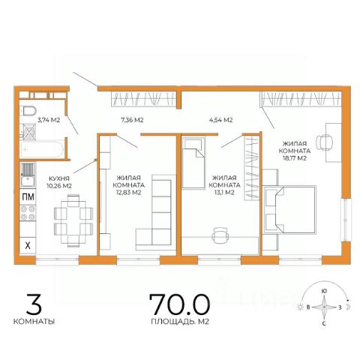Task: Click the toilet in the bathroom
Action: click(x=30, y=111)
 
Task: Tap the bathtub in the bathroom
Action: click(x=42, y=150)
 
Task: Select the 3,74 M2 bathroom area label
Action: click(x=49, y=120)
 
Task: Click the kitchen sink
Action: click(x=28, y=175)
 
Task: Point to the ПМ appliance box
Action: click(x=28, y=197)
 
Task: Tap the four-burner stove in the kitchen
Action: click(x=28, y=213)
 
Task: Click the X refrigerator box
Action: click(x=28, y=245)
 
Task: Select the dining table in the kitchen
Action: click(x=73, y=221)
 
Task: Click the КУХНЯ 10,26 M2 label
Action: click(x=59, y=182)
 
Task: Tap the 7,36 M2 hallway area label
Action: click(x=132, y=120)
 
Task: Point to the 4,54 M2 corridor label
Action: click(x=220, y=120)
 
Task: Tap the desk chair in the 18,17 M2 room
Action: click(x=325, y=142)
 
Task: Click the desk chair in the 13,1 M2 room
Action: click(x=220, y=235)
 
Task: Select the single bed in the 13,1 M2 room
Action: click(x=193, y=163)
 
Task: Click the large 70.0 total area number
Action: click(x=179, y=304)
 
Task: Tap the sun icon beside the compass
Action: click(x=300, y=307)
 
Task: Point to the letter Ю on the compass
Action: click(x=324, y=291)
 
